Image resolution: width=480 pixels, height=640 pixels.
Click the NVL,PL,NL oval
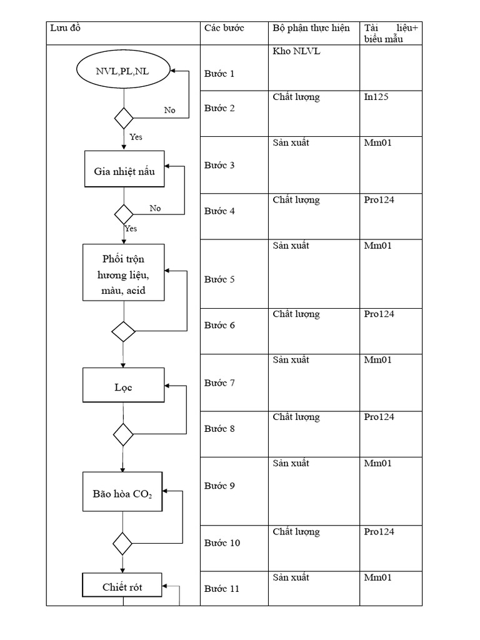tap(122, 71)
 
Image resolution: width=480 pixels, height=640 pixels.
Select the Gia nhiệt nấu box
tap(124, 169)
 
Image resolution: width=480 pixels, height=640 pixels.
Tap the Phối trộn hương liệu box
tap(124, 273)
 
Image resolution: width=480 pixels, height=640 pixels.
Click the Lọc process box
tap(124, 385)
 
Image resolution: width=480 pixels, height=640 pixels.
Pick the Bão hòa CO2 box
tap(122, 492)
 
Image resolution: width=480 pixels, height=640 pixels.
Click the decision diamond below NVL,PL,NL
tap(123, 117)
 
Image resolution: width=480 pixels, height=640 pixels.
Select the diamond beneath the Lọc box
tap(123, 434)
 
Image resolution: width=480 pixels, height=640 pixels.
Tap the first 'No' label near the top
tap(169, 110)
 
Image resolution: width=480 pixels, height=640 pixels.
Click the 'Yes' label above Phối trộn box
tap(131, 228)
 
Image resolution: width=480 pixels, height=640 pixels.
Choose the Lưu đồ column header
tap(66, 28)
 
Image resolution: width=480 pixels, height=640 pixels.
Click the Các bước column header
tap(224, 28)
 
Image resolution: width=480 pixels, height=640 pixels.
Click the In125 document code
tap(377, 97)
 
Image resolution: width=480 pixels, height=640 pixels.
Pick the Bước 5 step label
tap(219, 279)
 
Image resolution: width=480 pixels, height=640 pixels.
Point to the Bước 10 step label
tap(222, 542)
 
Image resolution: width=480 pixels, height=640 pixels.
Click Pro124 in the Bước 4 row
tap(379, 200)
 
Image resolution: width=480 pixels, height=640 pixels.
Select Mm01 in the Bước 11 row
tap(378, 577)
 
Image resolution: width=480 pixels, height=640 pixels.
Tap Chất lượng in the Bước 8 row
tap(296, 417)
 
